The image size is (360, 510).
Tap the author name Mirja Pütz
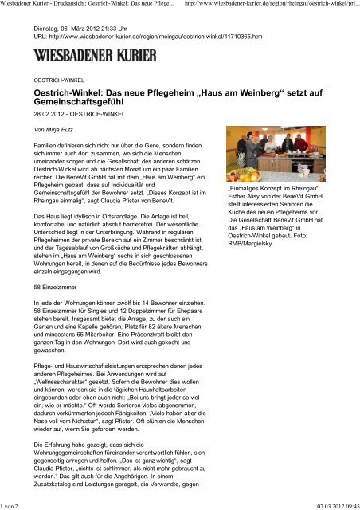coord(50,128)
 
